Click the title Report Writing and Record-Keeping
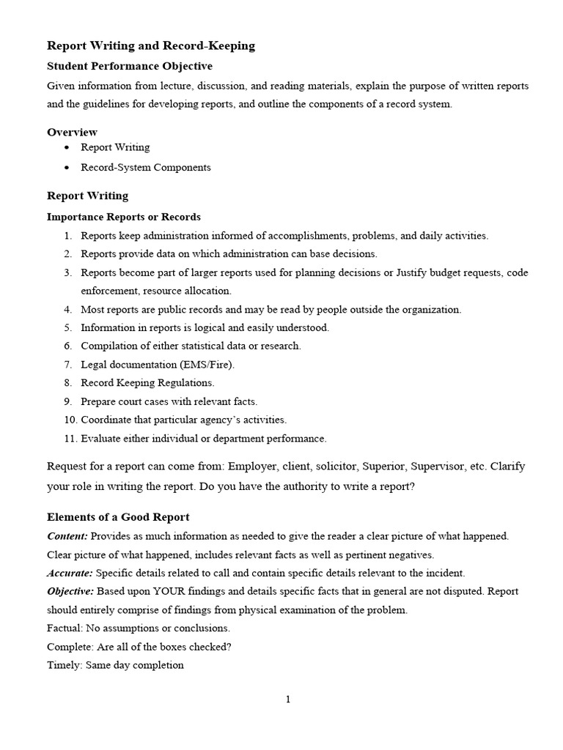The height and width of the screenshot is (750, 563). [151, 45]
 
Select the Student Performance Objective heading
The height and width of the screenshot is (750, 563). [130, 66]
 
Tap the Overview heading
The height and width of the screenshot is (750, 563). [72, 132]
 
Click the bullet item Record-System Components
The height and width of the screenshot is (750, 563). [145, 167]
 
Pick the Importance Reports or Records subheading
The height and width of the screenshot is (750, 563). [123, 217]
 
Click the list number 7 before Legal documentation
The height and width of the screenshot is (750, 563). [67, 364]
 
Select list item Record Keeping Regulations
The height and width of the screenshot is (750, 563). [147, 382]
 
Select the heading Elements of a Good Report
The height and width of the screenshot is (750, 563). [118, 517]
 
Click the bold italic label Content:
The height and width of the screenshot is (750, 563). [67, 536]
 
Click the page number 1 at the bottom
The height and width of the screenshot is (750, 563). [288, 699]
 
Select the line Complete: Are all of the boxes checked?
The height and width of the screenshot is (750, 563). [129, 647]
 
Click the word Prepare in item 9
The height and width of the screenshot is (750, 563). [99, 401]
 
